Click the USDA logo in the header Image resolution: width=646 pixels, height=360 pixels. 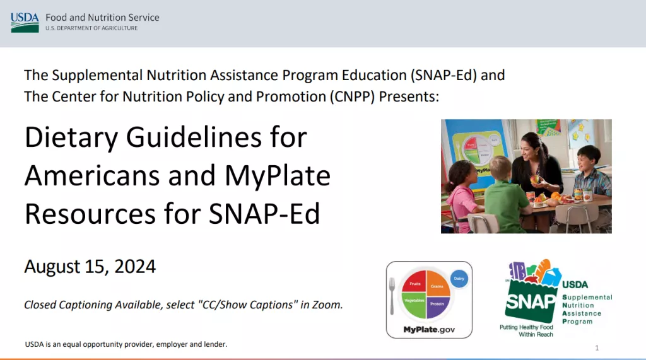[25, 22]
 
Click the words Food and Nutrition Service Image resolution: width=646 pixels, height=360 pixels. [102, 17]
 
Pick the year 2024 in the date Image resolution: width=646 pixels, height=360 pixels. [135, 266]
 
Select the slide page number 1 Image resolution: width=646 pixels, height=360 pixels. [597, 348]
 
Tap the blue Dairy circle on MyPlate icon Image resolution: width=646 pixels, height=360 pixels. [459, 279]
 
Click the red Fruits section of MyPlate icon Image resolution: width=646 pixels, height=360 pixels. [414, 283]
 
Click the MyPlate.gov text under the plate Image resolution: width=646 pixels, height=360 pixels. [429, 330]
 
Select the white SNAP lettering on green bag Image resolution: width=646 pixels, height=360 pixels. [531, 301]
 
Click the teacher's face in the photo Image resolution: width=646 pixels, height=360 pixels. [530, 153]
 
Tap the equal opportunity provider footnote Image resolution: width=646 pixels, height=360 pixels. [126, 344]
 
